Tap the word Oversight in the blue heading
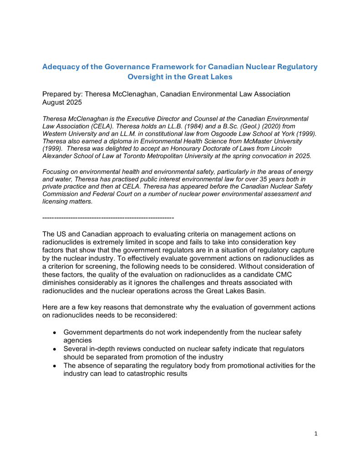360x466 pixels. point(147,76)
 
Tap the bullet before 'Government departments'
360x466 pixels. point(54,333)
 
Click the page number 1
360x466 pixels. point(316,434)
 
